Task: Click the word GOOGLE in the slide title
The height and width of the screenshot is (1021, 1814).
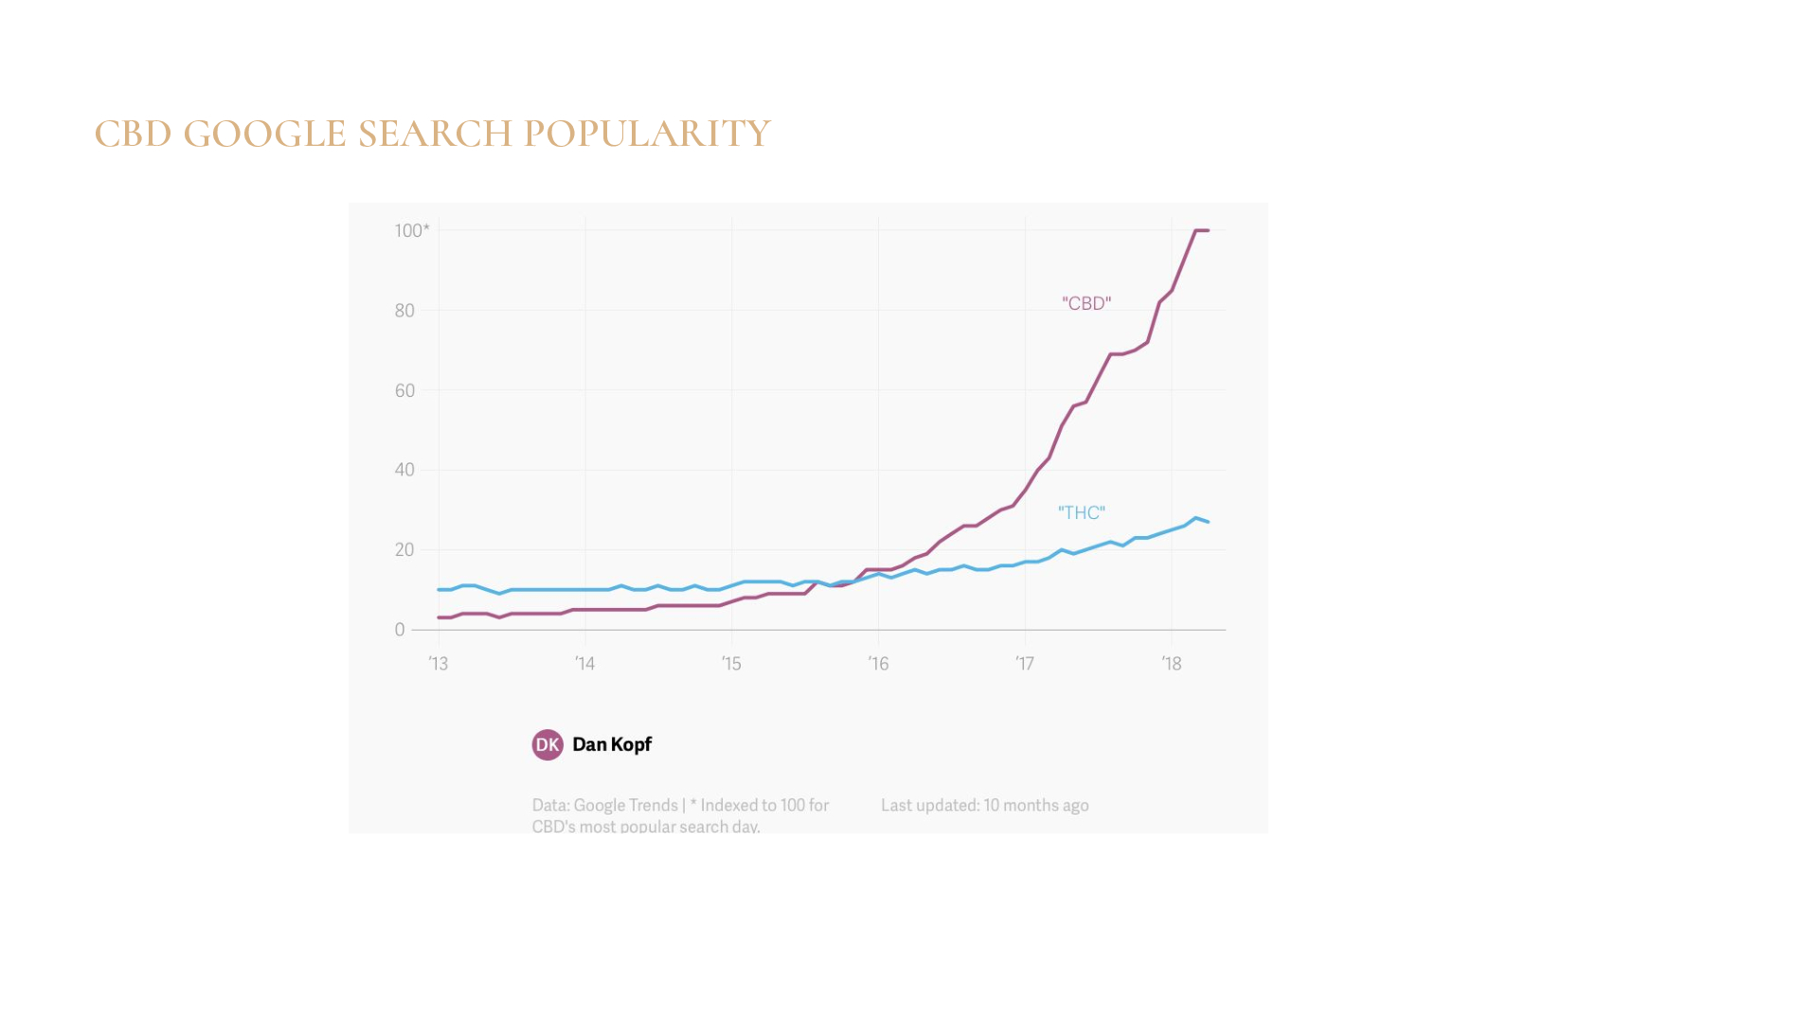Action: (x=264, y=134)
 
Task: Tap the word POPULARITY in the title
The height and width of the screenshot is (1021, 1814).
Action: (x=647, y=134)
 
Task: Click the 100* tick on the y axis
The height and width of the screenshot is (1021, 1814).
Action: (x=412, y=230)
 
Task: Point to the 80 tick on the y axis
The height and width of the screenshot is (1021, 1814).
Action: (x=404, y=311)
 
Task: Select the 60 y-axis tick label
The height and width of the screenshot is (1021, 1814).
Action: (x=404, y=390)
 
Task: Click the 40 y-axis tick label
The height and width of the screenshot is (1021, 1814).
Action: (x=404, y=470)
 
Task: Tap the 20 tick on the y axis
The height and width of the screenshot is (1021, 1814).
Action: (x=404, y=549)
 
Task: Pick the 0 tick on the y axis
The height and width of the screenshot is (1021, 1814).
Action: (x=400, y=630)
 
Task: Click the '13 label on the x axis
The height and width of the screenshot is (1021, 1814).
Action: (x=439, y=664)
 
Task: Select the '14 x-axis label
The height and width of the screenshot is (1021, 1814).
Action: (x=585, y=664)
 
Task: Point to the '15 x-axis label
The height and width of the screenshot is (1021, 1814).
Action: (x=731, y=664)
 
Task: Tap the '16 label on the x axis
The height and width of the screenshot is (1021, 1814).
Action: (x=879, y=664)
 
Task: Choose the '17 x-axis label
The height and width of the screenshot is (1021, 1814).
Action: (x=1025, y=664)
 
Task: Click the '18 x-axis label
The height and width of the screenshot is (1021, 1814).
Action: (x=1172, y=664)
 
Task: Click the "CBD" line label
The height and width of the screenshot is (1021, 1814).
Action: (x=1087, y=303)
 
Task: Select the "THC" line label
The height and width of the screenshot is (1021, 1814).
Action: (x=1082, y=512)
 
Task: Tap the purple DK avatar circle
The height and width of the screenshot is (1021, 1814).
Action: (x=548, y=744)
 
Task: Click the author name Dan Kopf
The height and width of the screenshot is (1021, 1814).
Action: (x=612, y=744)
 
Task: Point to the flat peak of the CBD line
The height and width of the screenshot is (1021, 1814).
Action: (x=1201, y=230)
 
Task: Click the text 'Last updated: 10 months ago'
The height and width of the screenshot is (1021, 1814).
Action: (x=984, y=805)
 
